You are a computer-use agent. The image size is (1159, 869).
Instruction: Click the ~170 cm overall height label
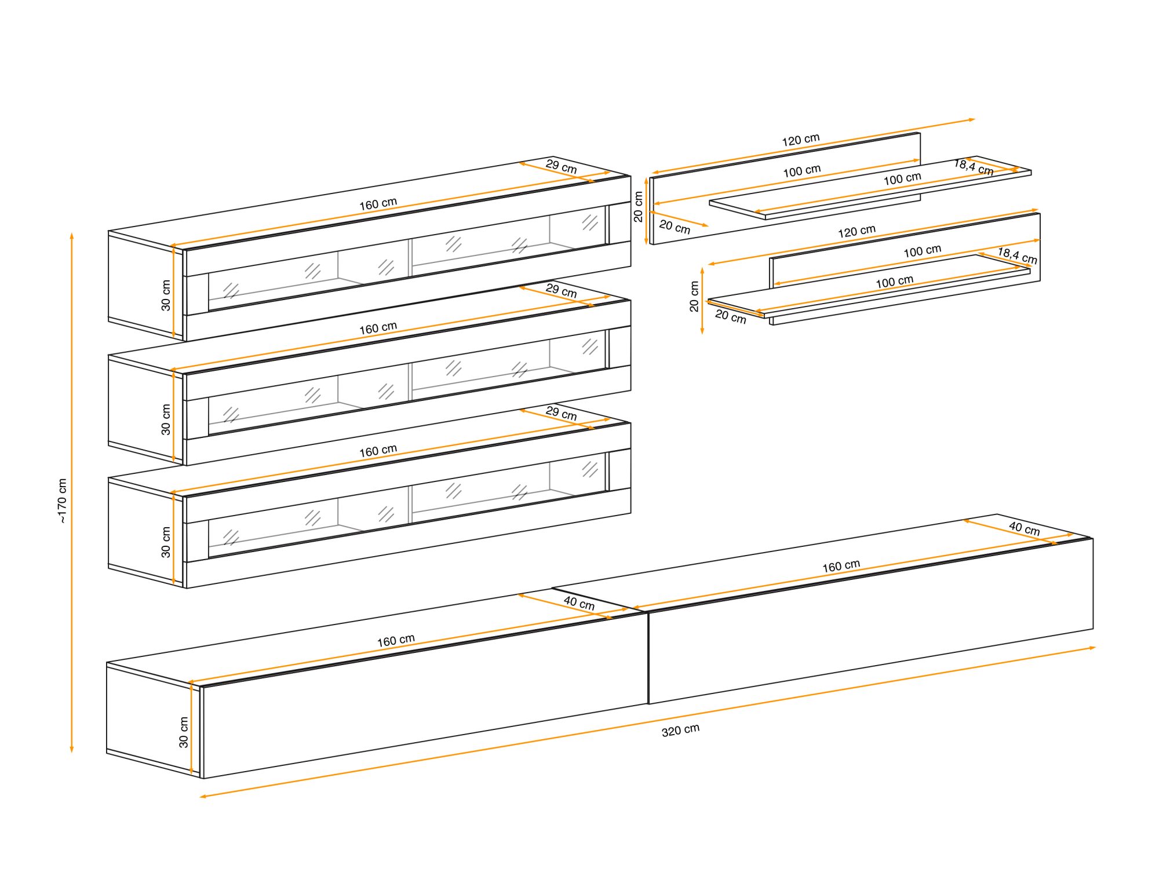point(62,501)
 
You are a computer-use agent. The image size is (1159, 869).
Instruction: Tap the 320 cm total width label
point(680,730)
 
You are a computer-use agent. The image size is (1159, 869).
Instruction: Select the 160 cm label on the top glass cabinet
point(378,204)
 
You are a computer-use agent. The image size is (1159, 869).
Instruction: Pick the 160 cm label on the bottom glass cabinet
point(378,451)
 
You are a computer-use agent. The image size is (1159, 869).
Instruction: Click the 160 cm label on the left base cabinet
point(396,641)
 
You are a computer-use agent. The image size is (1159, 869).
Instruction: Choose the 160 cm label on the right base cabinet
point(841,566)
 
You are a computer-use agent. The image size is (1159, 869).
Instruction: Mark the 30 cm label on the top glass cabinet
point(166,295)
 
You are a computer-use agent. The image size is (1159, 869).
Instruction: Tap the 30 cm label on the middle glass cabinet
point(166,419)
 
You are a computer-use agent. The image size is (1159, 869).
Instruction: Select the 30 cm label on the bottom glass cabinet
point(166,542)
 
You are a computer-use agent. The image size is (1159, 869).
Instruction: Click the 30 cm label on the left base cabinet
point(183,732)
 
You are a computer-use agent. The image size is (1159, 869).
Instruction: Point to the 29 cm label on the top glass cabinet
point(561,167)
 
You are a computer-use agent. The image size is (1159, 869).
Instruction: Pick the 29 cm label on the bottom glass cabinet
point(561,414)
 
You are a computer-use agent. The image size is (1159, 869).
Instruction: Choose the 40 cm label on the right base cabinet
point(1024,528)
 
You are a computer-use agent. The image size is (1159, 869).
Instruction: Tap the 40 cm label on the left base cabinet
point(579,603)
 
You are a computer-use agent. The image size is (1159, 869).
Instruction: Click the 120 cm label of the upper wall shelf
point(801,140)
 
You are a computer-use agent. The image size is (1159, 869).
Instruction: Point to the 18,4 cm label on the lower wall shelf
point(1017,255)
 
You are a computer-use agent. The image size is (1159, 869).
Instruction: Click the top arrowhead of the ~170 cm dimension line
point(72,236)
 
